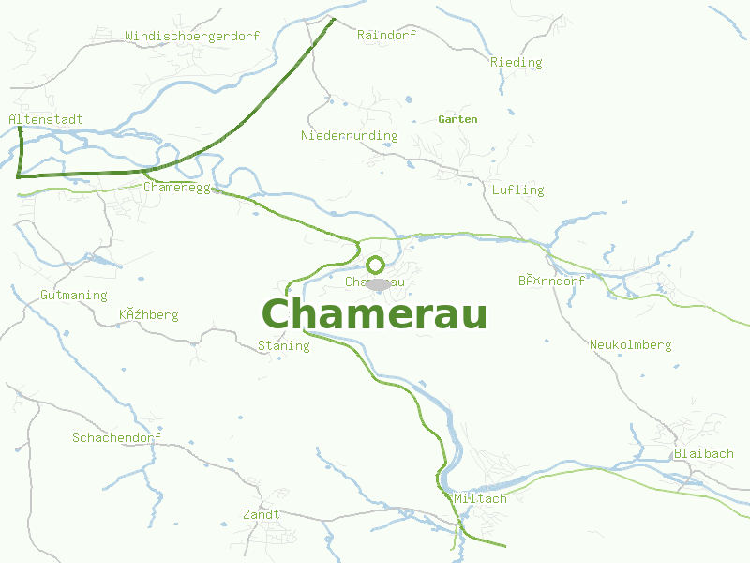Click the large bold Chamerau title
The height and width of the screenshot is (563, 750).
374,313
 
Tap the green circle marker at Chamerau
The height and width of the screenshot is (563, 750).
375,265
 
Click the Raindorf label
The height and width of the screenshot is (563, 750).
386,35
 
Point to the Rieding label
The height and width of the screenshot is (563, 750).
516,63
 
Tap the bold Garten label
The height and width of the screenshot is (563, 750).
457,119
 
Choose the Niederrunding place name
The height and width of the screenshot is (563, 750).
349,136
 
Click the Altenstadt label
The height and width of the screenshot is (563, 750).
45,120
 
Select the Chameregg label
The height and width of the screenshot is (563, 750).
177,187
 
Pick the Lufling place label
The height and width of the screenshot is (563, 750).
517,190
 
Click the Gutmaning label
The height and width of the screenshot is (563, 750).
73,296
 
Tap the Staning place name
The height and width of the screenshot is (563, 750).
283,346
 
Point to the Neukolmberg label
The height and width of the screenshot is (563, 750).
630,345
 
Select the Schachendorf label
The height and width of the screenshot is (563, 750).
116,438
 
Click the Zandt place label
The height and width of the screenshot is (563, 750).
261,515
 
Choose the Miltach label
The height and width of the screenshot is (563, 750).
479,499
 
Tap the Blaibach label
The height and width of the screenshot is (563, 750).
703,454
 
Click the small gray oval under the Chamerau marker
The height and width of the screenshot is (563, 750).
378,284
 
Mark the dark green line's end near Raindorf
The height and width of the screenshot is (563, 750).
333,19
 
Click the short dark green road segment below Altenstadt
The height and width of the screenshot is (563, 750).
20,150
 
